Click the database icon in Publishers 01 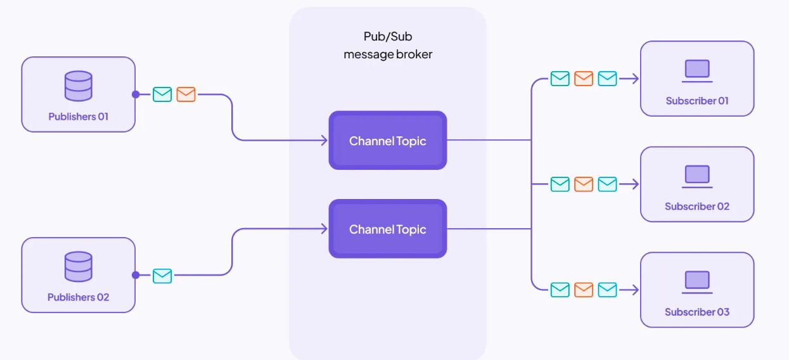point(79,86)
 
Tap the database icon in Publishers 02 point(79,267)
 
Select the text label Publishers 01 point(79,117)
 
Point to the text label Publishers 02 point(79,297)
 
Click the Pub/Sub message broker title point(388,46)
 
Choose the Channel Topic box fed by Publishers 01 point(388,141)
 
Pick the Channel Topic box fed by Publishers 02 point(388,229)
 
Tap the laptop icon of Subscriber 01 point(697,70)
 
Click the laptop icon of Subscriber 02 point(697,176)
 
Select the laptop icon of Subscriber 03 point(697,281)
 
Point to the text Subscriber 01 point(697,101)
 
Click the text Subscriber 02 point(697,206)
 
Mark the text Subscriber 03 point(697,312)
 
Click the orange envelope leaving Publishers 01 point(186,94)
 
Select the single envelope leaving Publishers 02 point(162,276)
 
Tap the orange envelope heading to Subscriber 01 point(584,79)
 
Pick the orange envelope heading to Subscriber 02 point(584,184)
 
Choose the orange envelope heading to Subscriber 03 point(584,290)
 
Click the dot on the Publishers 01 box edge point(136,94)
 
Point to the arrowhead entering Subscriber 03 point(636,290)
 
